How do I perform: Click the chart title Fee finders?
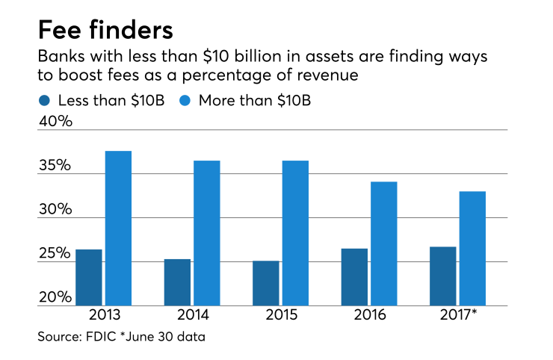pyautogui.click(x=105, y=31)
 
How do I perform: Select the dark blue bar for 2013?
pyautogui.click(x=89, y=277)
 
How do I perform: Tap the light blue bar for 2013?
pyautogui.click(x=118, y=228)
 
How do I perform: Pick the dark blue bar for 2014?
pyautogui.click(x=178, y=282)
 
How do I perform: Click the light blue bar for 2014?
pyautogui.click(x=207, y=233)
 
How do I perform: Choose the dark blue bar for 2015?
pyautogui.click(x=266, y=283)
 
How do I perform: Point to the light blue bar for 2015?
pyautogui.click(x=295, y=233)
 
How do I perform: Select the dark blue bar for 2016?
pyautogui.click(x=354, y=277)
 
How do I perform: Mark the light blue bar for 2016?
pyautogui.click(x=383, y=243)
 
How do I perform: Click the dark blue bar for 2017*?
pyautogui.click(x=442, y=276)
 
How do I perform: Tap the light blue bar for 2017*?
pyautogui.click(x=472, y=249)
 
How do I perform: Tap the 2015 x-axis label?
pyautogui.click(x=280, y=314)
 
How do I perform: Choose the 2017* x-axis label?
pyautogui.click(x=459, y=314)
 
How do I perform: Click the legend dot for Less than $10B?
pyautogui.click(x=45, y=99)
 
